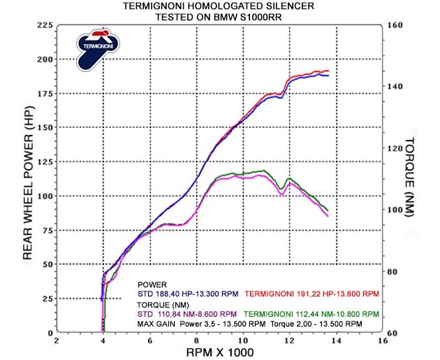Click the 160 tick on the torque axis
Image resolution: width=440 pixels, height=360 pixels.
point(395,25)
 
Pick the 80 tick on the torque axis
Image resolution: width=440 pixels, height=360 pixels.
point(392,272)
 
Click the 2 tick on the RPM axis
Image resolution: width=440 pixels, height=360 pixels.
point(57,341)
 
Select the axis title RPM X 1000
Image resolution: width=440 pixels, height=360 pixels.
point(219,352)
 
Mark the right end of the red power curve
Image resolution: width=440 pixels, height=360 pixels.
point(328,71)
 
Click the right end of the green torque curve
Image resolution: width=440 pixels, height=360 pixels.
point(328,210)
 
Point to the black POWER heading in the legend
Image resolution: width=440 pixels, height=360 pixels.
point(152,285)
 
